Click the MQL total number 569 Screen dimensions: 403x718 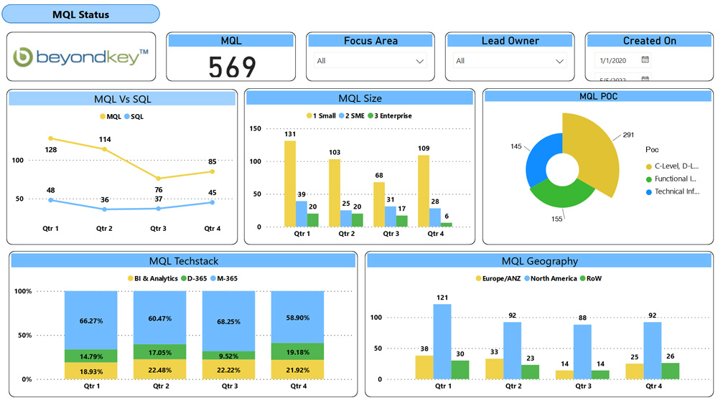[x=231, y=67]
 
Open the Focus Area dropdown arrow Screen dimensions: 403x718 [x=419, y=61]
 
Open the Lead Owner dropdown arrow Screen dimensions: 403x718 [x=558, y=61]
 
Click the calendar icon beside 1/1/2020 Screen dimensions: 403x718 [x=645, y=60]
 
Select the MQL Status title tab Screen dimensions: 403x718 [x=81, y=14]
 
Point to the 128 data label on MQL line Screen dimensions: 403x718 [x=51, y=150]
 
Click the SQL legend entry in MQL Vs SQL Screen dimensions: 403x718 [x=134, y=116]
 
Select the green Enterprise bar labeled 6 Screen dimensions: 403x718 [x=447, y=224]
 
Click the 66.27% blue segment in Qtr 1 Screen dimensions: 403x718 [x=91, y=320]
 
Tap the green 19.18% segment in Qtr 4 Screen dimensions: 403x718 [x=297, y=351]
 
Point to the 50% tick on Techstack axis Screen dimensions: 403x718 [x=24, y=336]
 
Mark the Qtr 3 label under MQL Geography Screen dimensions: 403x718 [x=582, y=386]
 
